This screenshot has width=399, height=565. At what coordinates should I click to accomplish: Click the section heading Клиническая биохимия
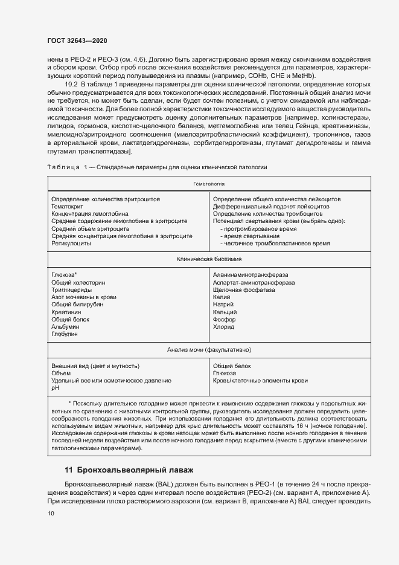[209, 259]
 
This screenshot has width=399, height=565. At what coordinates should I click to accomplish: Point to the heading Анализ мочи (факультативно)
[209, 350]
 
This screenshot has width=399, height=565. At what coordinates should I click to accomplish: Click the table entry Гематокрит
[66, 206]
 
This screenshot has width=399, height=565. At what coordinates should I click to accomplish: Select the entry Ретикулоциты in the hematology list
[71, 244]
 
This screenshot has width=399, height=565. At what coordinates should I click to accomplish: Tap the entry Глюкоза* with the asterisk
[65, 274]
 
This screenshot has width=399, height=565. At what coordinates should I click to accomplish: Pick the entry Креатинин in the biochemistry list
[66, 312]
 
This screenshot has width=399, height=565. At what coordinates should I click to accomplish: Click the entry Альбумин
[65, 326]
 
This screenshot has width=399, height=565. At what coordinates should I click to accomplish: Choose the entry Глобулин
[65, 334]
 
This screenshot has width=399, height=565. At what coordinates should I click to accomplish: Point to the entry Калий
[222, 297]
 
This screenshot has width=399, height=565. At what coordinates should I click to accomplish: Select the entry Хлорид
[223, 326]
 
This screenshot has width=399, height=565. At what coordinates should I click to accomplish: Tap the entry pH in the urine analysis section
[56, 389]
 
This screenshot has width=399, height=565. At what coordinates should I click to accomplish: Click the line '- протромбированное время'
[258, 228]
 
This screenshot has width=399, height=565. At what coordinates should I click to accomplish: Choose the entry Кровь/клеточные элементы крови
[260, 381]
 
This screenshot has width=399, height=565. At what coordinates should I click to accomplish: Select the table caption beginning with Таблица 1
[156, 166]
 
